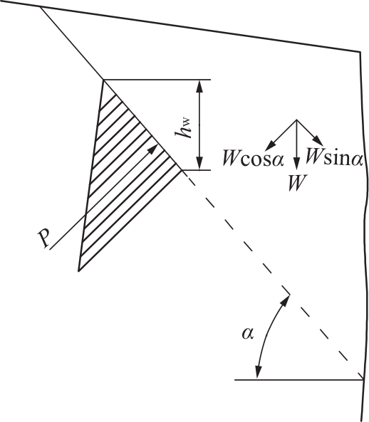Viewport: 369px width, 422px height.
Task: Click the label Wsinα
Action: pyautogui.click(x=334, y=157)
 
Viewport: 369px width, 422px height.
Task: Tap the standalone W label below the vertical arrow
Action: pyautogui.click(x=298, y=183)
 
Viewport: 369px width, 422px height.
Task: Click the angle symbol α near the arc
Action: pyautogui.click(x=247, y=334)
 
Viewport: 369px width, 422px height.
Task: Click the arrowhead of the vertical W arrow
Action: pyautogui.click(x=296, y=164)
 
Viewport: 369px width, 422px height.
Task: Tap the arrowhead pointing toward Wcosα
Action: pyautogui.click(x=270, y=146)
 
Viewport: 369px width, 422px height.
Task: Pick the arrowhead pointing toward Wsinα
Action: pyautogui.click(x=318, y=141)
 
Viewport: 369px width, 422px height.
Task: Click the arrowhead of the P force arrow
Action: pyautogui.click(x=152, y=149)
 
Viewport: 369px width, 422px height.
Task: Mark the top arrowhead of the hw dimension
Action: pyautogui.click(x=199, y=86)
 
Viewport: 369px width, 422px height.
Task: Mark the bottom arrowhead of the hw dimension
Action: pyautogui.click(x=199, y=164)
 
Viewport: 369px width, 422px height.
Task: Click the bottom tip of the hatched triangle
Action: pyautogui.click(x=78, y=271)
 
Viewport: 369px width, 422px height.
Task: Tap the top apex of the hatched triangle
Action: pyautogui.click(x=103, y=80)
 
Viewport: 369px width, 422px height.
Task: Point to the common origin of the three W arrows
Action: pyautogui.click(x=296, y=120)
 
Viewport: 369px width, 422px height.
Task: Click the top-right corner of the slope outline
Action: pyautogui.click(x=360, y=51)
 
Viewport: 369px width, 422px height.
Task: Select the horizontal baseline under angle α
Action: pyautogui.click(x=299, y=380)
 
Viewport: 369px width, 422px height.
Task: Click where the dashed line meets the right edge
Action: pyautogui.click(x=363, y=379)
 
